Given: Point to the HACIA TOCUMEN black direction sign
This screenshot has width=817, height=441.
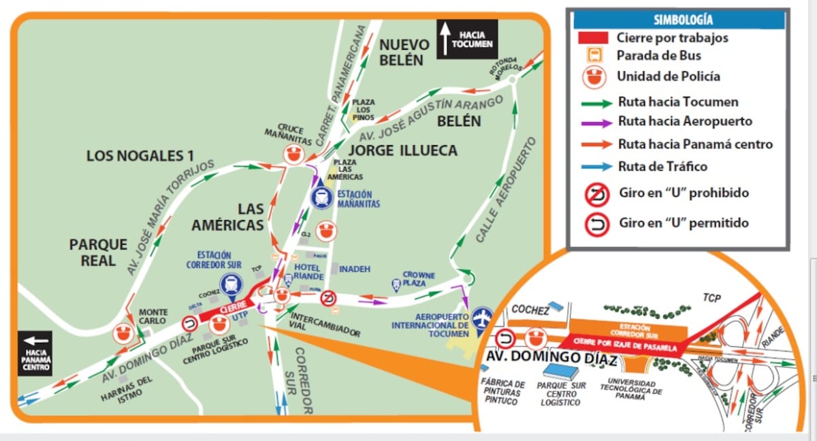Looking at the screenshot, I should click(467, 39).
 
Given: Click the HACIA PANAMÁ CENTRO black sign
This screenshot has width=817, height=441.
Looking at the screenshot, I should click(35, 353).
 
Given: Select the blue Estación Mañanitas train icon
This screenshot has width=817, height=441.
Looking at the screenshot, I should click(321, 198).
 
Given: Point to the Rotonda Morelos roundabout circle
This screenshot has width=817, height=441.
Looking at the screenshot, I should click(512, 80).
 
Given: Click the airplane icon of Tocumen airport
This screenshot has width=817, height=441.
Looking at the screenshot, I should click(482, 318).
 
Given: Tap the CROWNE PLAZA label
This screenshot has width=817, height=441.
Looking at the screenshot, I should click(418, 278).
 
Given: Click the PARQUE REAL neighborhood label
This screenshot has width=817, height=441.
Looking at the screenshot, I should click(99, 252).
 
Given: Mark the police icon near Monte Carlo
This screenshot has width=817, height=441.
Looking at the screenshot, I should click(123, 333).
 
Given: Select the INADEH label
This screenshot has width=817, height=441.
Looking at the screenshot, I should click(355, 269).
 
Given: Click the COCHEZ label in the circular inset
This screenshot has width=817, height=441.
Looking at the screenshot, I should click(530, 310).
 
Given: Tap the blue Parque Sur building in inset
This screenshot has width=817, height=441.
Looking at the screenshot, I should click(560, 371).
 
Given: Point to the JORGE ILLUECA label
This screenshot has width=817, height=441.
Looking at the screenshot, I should click(403, 151).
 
